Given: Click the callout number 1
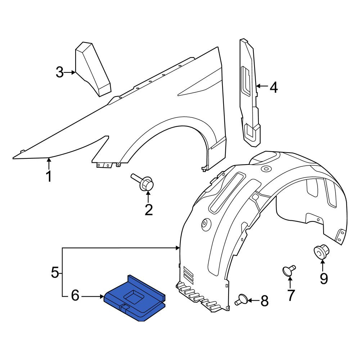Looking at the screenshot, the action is coord(49,176).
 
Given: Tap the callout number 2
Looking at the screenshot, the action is coord(149,210).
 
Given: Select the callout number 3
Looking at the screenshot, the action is coord(60,72).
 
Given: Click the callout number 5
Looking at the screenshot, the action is coord(55,272).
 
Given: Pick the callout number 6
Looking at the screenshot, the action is coord(75,296).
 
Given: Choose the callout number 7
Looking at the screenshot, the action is coord(291,295).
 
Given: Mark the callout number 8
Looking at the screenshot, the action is coord(265,301).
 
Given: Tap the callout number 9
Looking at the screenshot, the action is coord(324,279).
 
